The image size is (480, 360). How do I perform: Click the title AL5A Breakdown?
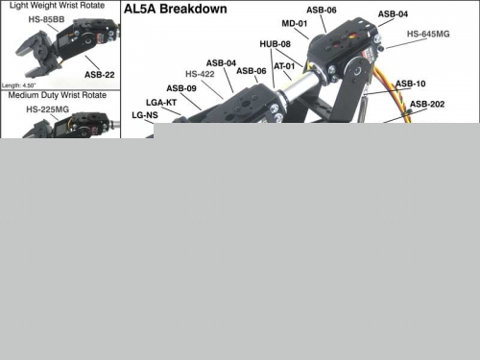(x=176, y=9)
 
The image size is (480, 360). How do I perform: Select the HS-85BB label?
(x=46, y=19)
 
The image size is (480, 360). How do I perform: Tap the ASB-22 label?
(x=100, y=75)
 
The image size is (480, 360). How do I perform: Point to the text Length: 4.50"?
(x=19, y=85)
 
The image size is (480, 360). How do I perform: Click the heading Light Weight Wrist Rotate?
(x=57, y=6)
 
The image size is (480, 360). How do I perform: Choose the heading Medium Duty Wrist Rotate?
(x=58, y=95)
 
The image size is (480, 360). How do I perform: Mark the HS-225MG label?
(x=47, y=109)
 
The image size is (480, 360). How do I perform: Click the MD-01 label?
(x=295, y=24)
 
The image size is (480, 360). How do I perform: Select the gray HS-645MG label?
(x=428, y=34)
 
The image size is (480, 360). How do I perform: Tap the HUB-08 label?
(x=276, y=44)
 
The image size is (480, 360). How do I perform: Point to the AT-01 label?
(x=284, y=66)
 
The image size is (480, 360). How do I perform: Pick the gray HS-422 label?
(x=200, y=74)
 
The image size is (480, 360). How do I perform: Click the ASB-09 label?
(x=181, y=88)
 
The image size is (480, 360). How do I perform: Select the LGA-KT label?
(x=161, y=103)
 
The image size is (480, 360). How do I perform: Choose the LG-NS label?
(x=145, y=115)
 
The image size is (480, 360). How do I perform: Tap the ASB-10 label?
(x=411, y=84)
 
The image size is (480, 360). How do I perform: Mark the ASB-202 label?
(x=427, y=105)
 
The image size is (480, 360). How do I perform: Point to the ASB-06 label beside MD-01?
(x=322, y=11)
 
